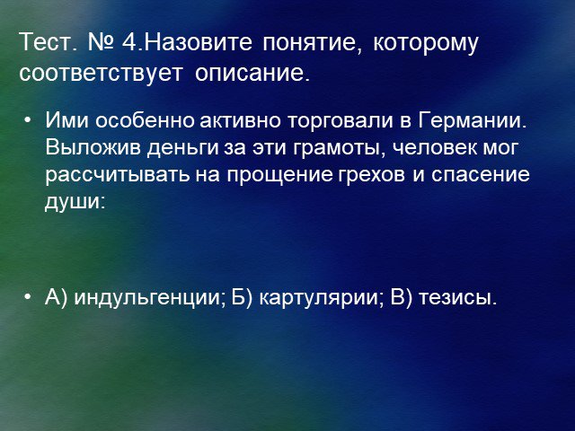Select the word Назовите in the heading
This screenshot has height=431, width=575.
pos(199,42)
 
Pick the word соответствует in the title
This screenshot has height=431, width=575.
pos(101,74)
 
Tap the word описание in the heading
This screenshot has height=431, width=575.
pos(252,74)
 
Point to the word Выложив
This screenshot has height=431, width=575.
pos(93,147)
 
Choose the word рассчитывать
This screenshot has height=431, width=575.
pos(118,175)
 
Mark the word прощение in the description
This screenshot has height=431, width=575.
pos(279,176)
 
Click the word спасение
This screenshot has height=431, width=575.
pos(481,175)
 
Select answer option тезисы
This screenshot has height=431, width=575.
pos(457,297)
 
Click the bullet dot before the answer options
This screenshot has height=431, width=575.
pos(27,297)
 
